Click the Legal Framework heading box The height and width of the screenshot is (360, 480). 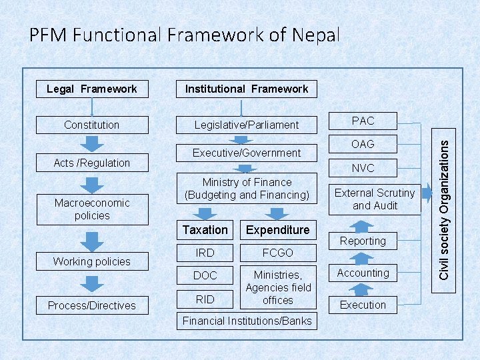(x=92, y=89)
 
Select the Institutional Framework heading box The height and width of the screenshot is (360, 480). (x=246, y=89)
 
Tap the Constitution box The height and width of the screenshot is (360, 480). (x=92, y=125)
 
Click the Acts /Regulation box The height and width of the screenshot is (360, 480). (x=92, y=163)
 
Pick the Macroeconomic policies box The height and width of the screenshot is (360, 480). (x=92, y=209)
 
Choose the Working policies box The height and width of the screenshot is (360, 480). (x=92, y=261)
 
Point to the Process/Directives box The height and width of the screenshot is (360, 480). (x=92, y=305)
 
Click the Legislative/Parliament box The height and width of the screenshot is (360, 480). (x=246, y=125)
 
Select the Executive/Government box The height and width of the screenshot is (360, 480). (x=246, y=153)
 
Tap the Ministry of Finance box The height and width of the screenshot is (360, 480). (x=246, y=189)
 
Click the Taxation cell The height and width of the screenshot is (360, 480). (x=205, y=230)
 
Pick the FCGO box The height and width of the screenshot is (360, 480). (x=278, y=253)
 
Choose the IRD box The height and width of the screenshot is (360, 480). (x=205, y=253)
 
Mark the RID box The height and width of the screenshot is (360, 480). (x=205, y=299)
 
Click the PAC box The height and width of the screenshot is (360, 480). (x=363, y=121)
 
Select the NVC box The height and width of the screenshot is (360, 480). (x=363, y=168)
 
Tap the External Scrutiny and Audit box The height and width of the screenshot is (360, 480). (x=375, y=199)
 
